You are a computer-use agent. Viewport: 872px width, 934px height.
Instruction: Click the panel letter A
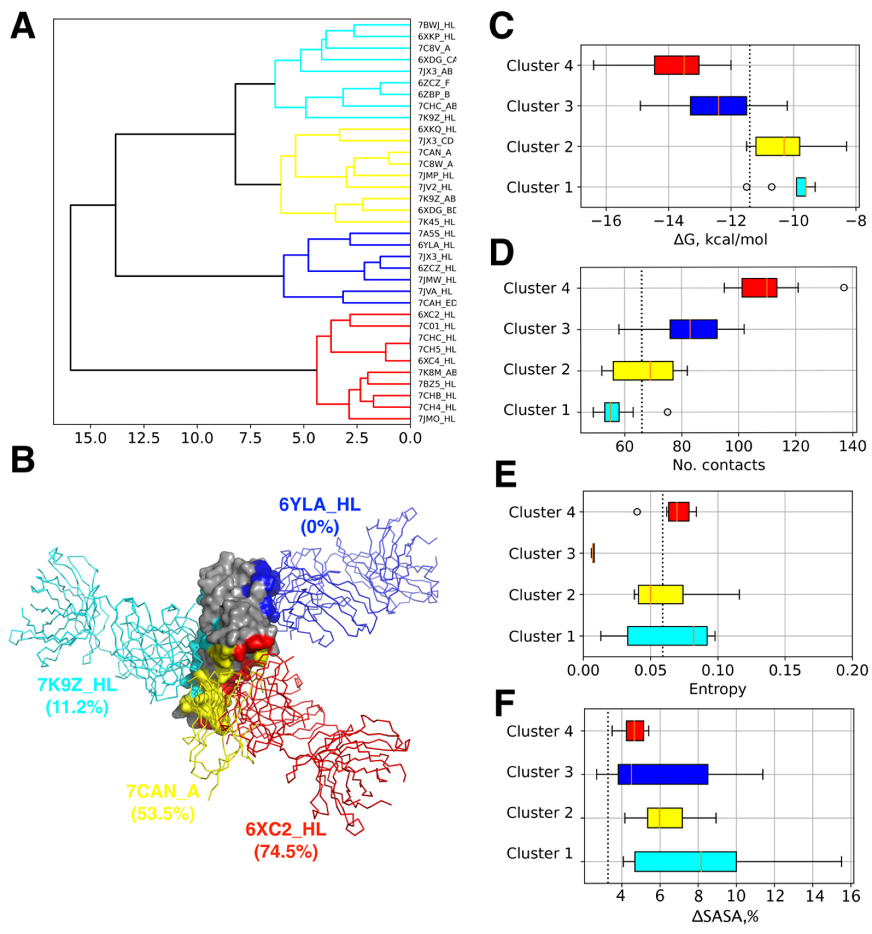point(22,27)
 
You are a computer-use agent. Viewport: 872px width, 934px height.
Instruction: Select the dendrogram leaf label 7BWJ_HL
point(436,25)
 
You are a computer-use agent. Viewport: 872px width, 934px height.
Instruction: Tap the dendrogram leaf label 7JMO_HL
point(436,418)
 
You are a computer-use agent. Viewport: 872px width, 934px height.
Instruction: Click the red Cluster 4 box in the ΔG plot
point(677,65)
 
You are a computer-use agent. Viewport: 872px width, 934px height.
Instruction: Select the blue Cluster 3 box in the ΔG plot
point(718,106)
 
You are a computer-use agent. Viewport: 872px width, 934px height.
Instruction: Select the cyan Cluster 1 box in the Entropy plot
point(667,636)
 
